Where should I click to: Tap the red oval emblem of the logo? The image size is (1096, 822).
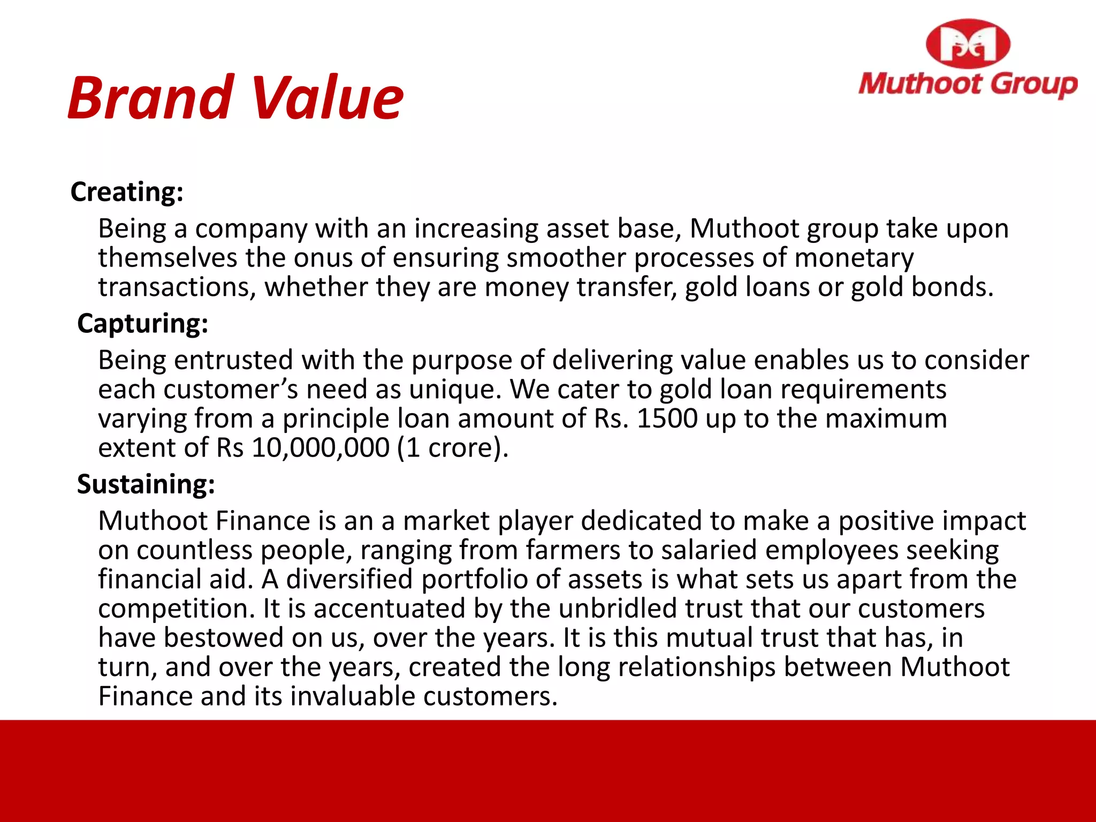tap(968, 44)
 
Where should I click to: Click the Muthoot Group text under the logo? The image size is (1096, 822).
tap(968, 85)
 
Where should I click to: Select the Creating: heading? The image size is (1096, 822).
tap(127, 192)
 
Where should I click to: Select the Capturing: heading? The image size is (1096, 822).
tap(142, 323)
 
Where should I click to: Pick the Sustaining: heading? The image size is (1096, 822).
tap(146, 484)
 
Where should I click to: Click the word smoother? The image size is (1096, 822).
tap(566, 258)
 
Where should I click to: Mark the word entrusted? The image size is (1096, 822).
tap(233, 360)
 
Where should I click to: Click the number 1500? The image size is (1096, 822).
tap(667, 418)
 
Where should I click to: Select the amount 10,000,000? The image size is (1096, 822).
tap(321, 447)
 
